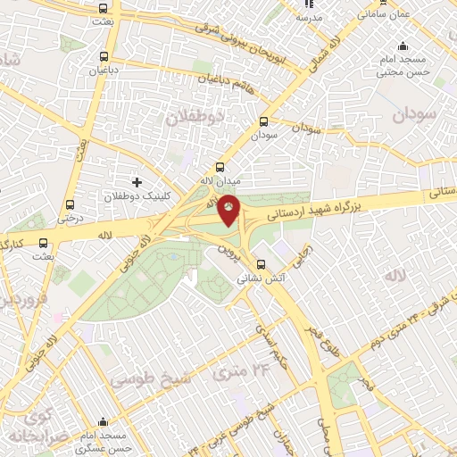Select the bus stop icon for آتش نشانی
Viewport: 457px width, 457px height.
click(x=261, y=263)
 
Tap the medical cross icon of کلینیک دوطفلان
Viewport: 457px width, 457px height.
click(x=137, y=182)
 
